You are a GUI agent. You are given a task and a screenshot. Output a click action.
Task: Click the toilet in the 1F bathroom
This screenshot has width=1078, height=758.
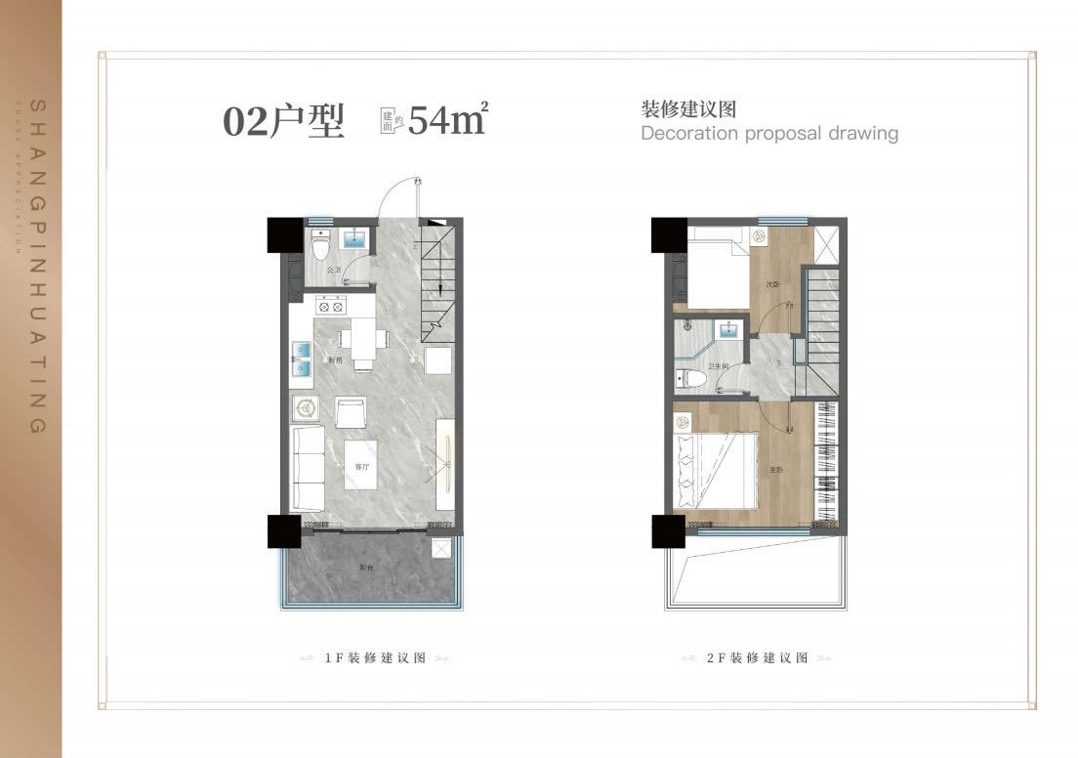[x=321, y=245]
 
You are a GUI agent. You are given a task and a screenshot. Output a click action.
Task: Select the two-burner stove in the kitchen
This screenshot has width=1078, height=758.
[x=331, y=306]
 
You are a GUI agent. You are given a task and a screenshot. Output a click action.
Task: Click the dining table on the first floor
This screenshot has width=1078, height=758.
[x=362, y=341]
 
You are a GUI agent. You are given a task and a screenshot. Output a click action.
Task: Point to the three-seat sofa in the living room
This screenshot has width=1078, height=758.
[x=309, y=467]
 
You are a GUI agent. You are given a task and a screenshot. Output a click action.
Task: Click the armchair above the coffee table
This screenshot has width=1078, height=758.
[x=350, y=411]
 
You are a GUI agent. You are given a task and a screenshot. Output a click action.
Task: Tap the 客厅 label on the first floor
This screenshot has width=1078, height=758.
[x=361, y=467]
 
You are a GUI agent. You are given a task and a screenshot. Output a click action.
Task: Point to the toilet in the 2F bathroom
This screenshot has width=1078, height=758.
[x=688, y=377]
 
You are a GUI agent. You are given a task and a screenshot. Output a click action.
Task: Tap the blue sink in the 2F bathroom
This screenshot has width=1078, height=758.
[x=727, y=330]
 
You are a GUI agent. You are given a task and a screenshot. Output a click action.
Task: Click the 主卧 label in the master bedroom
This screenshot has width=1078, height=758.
[x=775, y=470]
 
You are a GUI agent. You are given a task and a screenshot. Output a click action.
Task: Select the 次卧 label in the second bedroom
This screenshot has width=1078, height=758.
[x=771, y=285]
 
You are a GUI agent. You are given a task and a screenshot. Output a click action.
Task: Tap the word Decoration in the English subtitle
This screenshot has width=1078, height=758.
[x=689, y=133]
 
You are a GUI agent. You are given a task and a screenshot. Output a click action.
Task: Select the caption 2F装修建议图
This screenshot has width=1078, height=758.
[x=757, y=658]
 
